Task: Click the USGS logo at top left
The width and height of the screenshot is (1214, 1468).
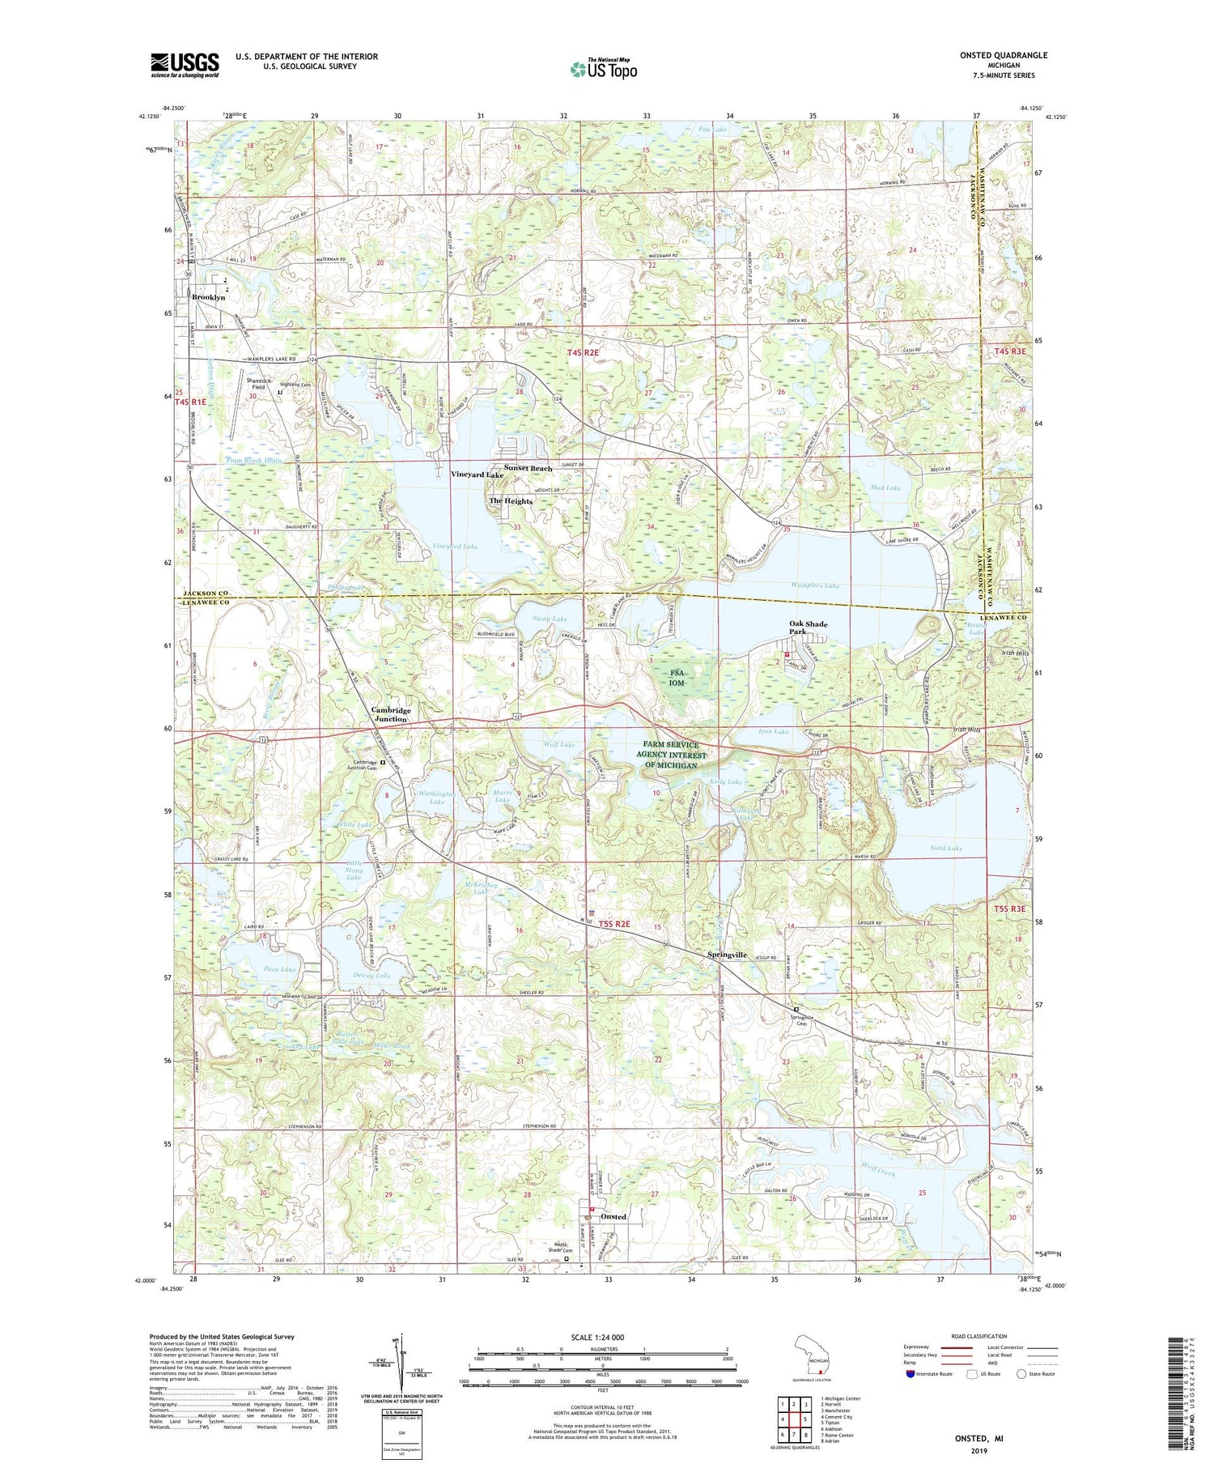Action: click(185, 65)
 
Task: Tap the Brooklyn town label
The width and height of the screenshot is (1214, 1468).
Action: click(208, 298)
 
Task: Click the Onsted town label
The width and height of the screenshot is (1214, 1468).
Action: click(613, 1217)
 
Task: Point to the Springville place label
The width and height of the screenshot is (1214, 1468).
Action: click(727, 955)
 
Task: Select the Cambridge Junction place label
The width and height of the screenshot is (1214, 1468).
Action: click(391, 714)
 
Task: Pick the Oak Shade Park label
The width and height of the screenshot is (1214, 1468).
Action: click(809, 629)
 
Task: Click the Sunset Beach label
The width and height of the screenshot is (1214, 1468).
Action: click(528, 469)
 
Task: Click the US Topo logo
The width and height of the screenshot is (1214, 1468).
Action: click(603, 70)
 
